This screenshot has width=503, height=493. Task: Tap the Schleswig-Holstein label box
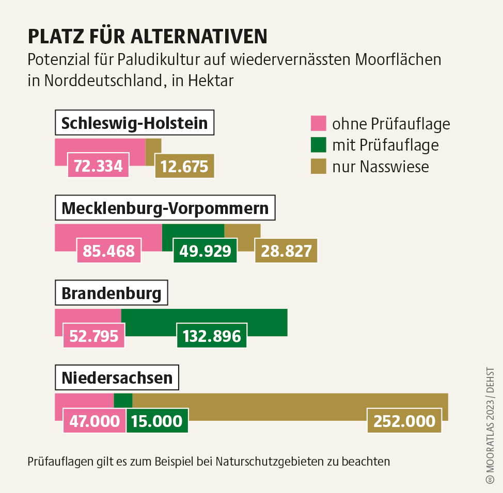coord(134,124)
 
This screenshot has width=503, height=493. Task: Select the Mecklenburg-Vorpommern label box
coord(165,208)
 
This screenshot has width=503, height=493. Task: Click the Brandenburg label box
coord(112,293)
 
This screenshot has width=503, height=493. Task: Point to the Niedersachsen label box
coord(117,378)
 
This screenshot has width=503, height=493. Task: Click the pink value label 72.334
coord(98,166)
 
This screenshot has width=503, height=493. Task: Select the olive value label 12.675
coord(184,166)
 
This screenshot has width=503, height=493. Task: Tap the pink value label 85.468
coord(109,251)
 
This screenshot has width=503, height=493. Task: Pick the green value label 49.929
coord(205,251)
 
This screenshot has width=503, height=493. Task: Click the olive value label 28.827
coord(287,251)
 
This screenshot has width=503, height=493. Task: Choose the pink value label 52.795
coord(94,336)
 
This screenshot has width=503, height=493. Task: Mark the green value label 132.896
coord(212,336)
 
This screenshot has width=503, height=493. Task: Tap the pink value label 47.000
coord(95,421)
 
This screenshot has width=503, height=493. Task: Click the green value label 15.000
coord(157,421)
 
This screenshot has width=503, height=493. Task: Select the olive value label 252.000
coord(404,421)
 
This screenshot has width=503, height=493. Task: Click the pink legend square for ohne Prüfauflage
coord(319,124)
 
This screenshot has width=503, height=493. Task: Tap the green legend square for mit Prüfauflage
coord(319,145)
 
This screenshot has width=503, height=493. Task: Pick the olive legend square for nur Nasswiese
coord(319,166)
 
